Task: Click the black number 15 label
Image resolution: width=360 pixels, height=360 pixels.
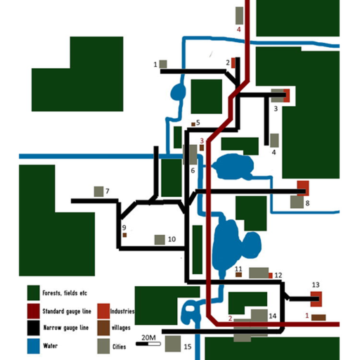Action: pos(188,347)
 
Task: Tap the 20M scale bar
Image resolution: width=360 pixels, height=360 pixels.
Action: pos(148,344)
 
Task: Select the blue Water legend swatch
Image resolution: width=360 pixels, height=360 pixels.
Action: pos(33,346)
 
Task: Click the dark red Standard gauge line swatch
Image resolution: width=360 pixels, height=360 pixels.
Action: pos(33,311)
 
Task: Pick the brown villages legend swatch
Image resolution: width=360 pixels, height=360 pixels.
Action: pos(103,328)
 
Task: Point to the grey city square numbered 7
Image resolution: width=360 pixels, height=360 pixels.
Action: pos(98,191)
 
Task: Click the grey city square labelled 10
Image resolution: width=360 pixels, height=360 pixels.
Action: pos(160,240)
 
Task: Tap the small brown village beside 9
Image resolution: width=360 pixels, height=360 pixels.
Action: pos(124,235)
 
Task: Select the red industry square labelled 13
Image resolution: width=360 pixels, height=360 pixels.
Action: pos(316,299)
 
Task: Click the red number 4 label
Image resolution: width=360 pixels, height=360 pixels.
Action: pos(238,30)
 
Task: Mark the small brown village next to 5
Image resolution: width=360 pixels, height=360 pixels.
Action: pos(193,124)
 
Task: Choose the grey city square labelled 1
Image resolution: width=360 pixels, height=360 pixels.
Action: pos(163,64)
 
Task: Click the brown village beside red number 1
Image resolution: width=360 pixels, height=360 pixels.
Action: pos(319,318)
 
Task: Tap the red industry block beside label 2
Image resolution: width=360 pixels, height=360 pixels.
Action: pos(233,63)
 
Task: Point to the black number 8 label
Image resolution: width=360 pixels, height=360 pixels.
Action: pos(307,203)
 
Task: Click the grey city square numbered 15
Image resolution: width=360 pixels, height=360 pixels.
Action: pos(173,344)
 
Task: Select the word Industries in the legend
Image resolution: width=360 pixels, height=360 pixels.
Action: pos(122,311)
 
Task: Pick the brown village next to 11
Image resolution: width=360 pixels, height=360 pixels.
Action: pos(238,275)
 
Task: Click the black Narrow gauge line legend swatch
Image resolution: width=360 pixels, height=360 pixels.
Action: pos(33,328)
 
